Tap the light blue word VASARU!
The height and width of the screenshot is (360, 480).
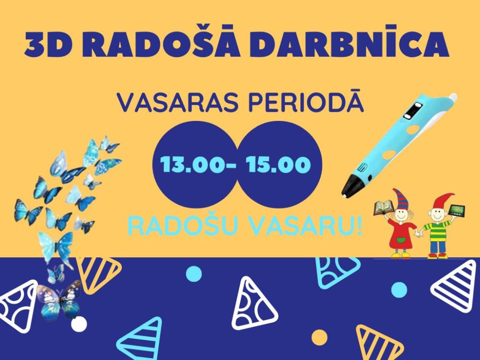pyautogui.click(x=306, y=226)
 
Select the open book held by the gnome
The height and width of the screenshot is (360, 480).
pyautogui.click(x=383, y=208)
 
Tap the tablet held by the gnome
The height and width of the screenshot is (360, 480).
pyautogui.click(x=456, y=210)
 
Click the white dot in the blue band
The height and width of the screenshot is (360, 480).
pyautogui.click(x=79, y=324)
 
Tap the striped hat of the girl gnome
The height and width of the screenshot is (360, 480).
pyautogui.click(x=399, y=199)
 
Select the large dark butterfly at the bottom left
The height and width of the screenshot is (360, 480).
pyautogui.click(x=60, y=299)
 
